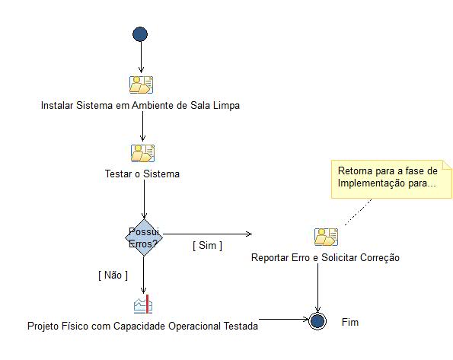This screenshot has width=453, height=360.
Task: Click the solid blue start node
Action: (140, 34)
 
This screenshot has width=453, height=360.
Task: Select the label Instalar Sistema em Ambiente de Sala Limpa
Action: (140, 106)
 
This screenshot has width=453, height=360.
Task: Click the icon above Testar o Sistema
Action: (142, 153)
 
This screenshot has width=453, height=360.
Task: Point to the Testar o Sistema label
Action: (142, 174)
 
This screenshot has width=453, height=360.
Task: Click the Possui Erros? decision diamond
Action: (144, 236)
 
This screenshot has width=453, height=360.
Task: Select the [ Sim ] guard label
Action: (207, 245)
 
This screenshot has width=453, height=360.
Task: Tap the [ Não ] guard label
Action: (113, 274)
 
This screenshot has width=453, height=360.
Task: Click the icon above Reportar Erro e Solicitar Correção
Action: (326, 237)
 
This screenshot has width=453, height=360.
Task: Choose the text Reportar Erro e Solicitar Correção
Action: (325, 258)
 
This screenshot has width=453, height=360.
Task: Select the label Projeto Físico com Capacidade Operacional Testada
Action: (142, 326)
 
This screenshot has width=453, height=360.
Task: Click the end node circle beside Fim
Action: (317, 320)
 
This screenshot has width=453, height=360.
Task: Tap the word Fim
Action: (349, 322)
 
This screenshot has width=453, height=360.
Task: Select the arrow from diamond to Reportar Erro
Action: (206, 234)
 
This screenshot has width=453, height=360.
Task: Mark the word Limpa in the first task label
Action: (225, 106)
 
